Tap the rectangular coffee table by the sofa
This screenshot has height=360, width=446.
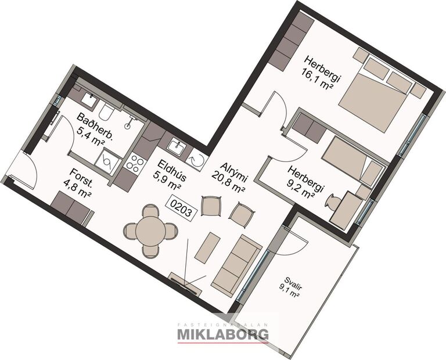point(207,247)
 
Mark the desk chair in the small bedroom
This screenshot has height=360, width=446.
point(333,203)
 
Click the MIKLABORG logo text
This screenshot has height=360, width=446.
point(222,334)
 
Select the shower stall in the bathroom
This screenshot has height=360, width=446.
point(109,160)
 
